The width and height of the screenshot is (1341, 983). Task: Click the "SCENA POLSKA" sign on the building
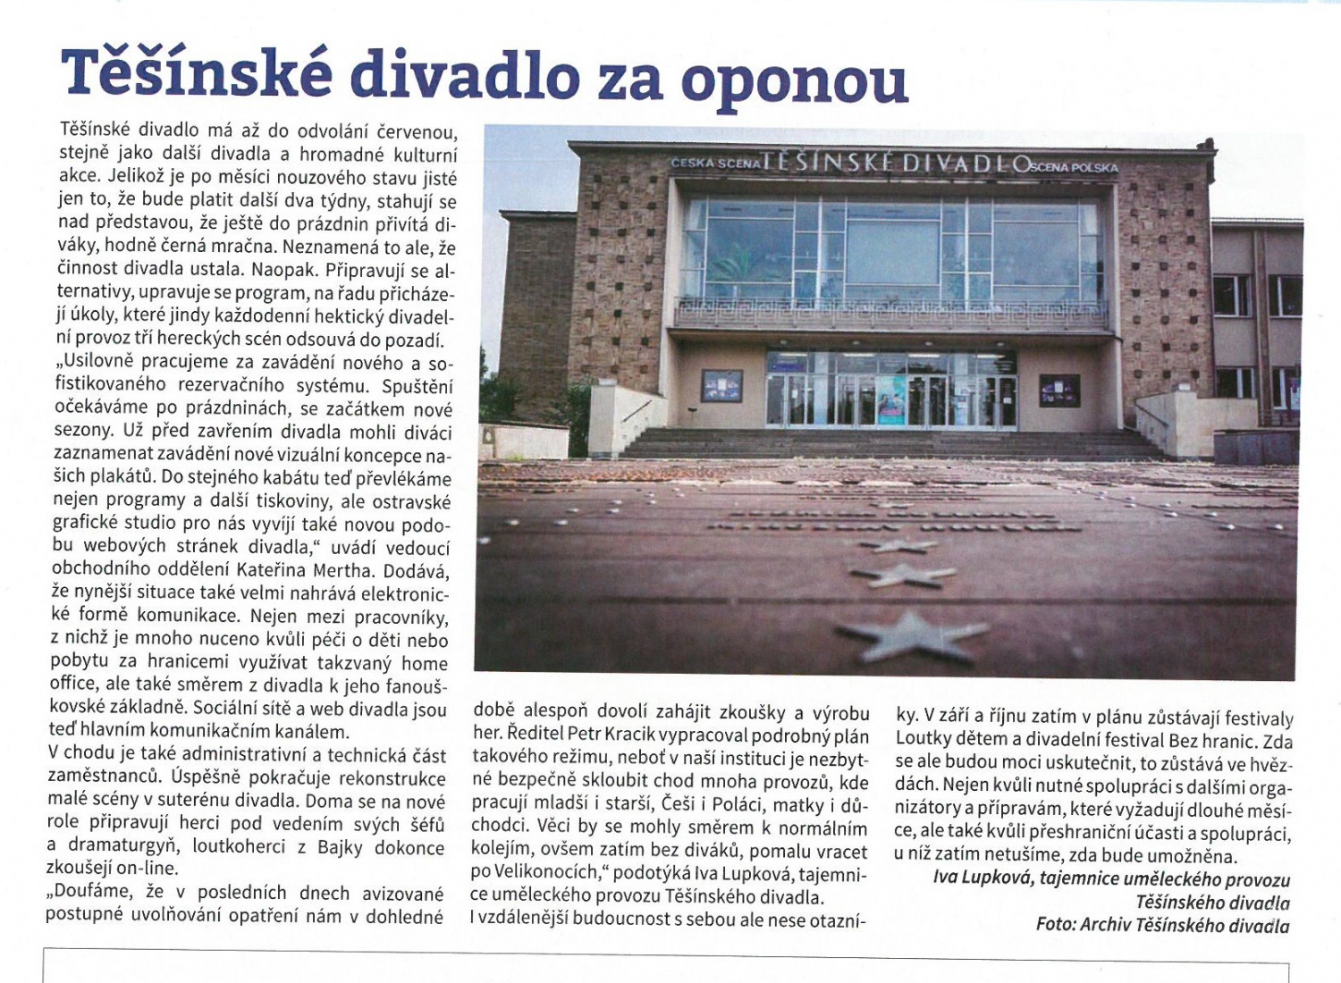pos(1073,167)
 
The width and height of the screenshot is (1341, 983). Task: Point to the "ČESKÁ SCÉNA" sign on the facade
pos(715,164)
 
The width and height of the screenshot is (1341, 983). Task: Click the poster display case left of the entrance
pos(721,385)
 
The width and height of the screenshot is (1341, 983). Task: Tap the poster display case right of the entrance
pos(1059,391)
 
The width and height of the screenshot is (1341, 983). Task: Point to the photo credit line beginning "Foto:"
pos(1162,925)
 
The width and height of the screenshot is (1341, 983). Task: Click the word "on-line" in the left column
pos(148,868)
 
